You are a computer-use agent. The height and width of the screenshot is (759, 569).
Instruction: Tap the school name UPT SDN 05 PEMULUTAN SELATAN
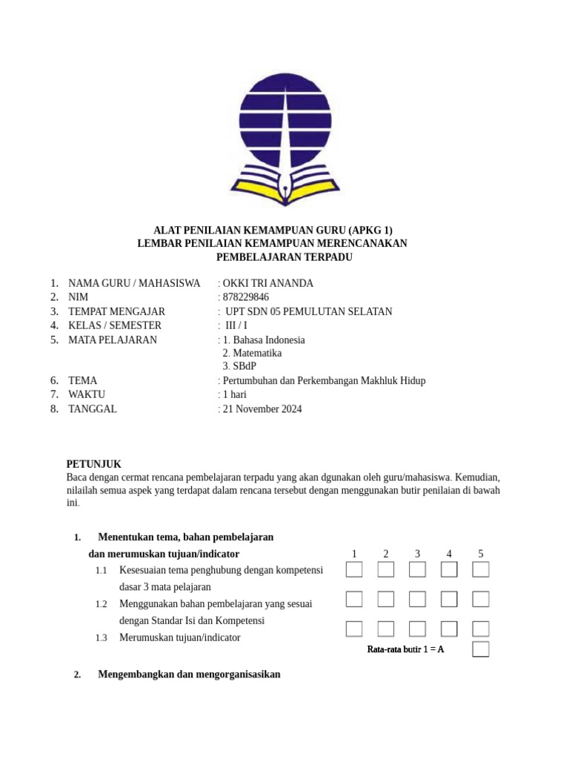click(308, 311)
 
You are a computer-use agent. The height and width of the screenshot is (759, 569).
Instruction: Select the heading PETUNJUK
click(93, 463)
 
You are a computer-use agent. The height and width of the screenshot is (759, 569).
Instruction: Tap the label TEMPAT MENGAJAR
click(116, 311)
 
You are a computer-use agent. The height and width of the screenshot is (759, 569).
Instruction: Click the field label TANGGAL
click(93, 409)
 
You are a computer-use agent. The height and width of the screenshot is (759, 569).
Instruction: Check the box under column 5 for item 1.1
click(481, 569)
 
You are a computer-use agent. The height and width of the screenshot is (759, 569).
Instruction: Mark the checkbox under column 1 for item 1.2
click(354, 599)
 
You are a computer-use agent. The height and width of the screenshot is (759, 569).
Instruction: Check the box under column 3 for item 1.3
click(417, 629)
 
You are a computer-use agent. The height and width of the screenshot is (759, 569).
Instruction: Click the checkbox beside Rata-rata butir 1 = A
click(481, 649)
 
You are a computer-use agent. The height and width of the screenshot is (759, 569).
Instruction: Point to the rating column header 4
click(449, 554)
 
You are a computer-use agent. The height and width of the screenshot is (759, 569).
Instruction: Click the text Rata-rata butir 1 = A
click(405, 649)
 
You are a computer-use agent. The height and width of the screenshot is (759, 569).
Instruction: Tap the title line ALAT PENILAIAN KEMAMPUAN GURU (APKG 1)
click(273, 230)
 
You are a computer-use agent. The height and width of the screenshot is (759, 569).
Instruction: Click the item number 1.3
click(102, 637)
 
